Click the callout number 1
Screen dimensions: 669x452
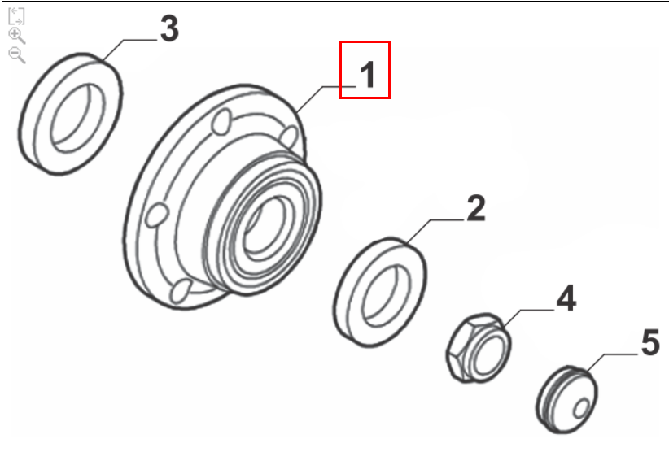tap(368, 74)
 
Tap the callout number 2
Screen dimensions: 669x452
tap(476, 208)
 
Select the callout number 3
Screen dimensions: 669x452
tap(169, 28)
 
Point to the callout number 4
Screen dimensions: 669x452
tap(566, 298)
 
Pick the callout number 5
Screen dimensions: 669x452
tap(650, 342)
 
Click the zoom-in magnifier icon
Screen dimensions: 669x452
tap(16, 36)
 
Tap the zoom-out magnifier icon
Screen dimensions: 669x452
tap(16, 55)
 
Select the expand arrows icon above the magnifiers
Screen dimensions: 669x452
tap(16, 15)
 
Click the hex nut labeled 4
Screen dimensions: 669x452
tap(479, 348)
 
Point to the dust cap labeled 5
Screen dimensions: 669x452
tap(566, 399)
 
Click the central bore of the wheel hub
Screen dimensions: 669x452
tap(265, 229)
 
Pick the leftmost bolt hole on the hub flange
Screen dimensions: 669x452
tap(156, 215)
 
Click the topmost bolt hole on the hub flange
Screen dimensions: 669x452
tap(222, 121)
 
